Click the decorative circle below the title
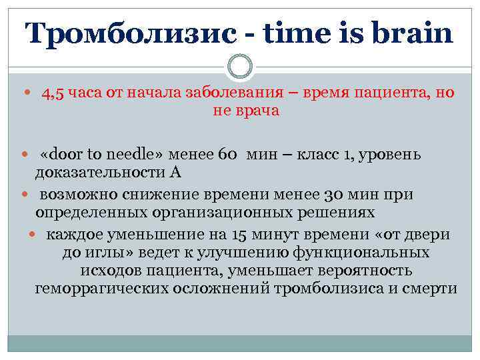pyautogui.click(x=240, y=67)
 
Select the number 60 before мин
pyautogui.click(x=227, y=155)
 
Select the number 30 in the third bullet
pyautogui.click(x=335, y=195)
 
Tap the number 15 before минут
pyautogui.click(x=241, y=235)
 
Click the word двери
pyautogui.click(x=433, y=235)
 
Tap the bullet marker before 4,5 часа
pyautogui.click(x=26, y=94)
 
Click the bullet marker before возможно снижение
pyautogui.click(x=26, y=195)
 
